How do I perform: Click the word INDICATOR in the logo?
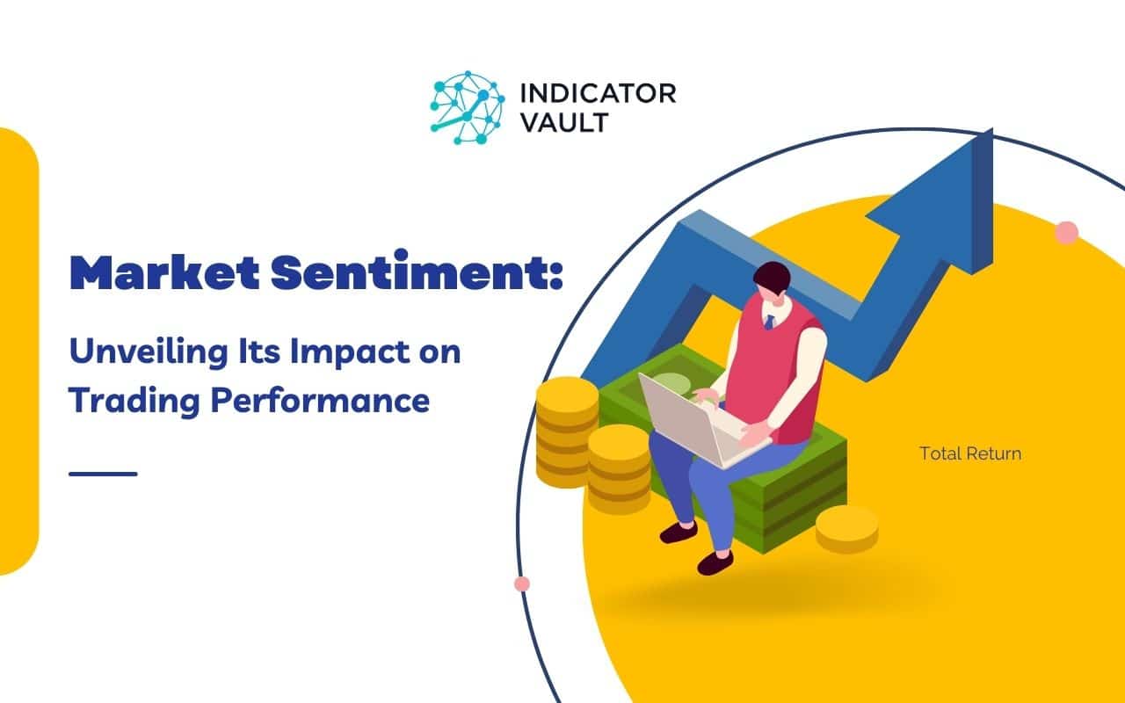click(598, 93)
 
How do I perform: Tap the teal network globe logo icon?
click(467, 107)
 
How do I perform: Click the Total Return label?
click(970, 454)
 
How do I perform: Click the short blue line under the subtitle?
click(103, 474)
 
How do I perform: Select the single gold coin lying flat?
click(846, 527)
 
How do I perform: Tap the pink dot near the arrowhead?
click(1066, 233)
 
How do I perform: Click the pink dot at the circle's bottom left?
click(522, 583)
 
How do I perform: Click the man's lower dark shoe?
click(714, 562)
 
